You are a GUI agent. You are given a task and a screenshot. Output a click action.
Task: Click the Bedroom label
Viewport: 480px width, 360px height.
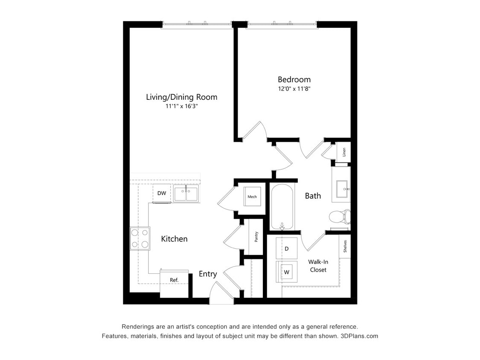[x=294, y=79]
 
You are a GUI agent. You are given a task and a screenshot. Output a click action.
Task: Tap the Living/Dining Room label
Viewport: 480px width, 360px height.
[x=181, y=97]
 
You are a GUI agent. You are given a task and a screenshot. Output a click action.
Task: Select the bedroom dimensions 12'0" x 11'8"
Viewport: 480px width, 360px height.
[x=294, y=89]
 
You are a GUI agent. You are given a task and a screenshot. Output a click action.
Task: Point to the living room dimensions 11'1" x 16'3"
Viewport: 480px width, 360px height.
[x=181, y=106]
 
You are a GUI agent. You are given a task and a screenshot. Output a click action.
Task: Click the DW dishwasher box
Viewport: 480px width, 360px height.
[x=162, y=193]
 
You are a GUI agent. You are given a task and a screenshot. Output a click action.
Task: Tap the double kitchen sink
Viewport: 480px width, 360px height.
[x=186, y=194]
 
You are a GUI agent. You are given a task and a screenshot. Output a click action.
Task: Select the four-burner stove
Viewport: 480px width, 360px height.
[x=140, y=238]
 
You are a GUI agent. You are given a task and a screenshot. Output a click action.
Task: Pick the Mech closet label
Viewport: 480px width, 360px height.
[x=252, y=197]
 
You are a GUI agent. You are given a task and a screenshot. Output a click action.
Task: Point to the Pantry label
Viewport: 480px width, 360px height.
[x=256, y=237]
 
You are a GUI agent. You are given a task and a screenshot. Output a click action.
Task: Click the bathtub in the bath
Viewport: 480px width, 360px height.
[x=282, y=207]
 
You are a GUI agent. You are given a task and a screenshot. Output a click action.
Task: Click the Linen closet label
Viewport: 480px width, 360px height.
[x=344, y=152]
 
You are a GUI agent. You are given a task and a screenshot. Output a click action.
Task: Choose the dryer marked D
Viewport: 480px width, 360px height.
[x=287, y=248]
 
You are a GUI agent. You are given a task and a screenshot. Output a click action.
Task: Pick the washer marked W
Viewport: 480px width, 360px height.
[x=286, y=271]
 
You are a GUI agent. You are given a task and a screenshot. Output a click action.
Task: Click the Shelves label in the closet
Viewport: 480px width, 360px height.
[x=345, y=247]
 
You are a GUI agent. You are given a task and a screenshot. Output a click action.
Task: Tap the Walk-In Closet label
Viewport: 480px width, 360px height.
[x=318, y=266]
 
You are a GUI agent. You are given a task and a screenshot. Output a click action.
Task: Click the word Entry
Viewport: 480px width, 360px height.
[x=208, y=274]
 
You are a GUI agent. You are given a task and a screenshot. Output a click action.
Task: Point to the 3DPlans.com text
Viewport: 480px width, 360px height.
[x=359, y=336]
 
